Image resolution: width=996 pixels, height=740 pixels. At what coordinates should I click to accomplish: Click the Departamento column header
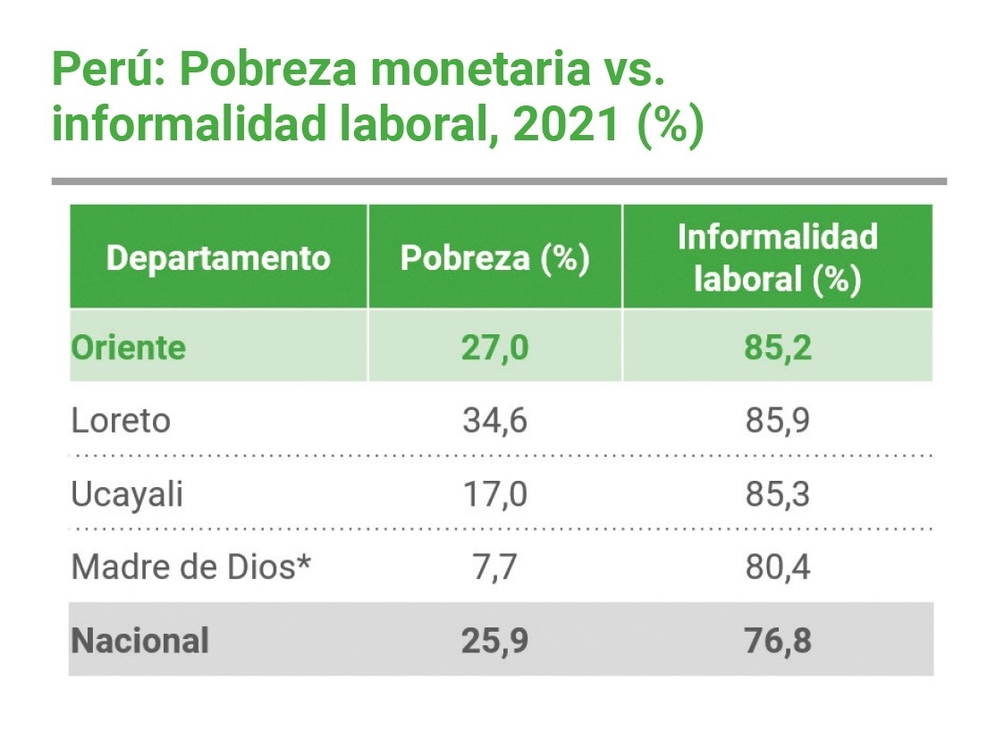pyautogui.click(x=218, y=258)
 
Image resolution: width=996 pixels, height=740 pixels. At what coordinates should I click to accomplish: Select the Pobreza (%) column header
pyautogui.click(x=494, y=258)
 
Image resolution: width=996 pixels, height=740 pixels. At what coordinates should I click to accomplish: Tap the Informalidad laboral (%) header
pyautogui.click(x=777, y=258)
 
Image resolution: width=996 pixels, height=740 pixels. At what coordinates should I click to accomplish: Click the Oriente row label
pyautogui.click(x=129, y=347)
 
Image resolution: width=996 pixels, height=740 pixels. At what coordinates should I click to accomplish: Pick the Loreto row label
pyautogui.click(x=121, y=420)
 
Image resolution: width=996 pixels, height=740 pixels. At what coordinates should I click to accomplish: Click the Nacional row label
pyautogui.click(x=139, y=640)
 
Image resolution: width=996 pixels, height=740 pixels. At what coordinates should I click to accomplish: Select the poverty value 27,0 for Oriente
pyautogui.click(x=494, y=347)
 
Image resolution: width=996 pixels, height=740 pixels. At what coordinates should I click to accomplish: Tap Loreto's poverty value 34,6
pyautogui.click(x=494, y=420)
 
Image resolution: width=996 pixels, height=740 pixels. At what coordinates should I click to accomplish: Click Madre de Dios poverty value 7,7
pyautogui.click(x=494, y=567)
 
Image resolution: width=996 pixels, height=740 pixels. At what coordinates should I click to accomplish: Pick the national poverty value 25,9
pyautogui.click(x=494, y=640)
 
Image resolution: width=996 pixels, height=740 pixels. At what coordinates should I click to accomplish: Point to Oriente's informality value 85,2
pyautogui.click(x=777, y=347)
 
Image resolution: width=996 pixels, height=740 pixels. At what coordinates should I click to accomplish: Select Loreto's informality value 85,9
pyautogui.click(x=777, y=420)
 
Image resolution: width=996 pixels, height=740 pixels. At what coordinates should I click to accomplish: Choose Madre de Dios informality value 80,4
pyautogui.click(x=777, y=567)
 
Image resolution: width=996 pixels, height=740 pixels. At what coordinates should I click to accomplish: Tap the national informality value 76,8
pyautogui.click(x=777, y=640)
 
